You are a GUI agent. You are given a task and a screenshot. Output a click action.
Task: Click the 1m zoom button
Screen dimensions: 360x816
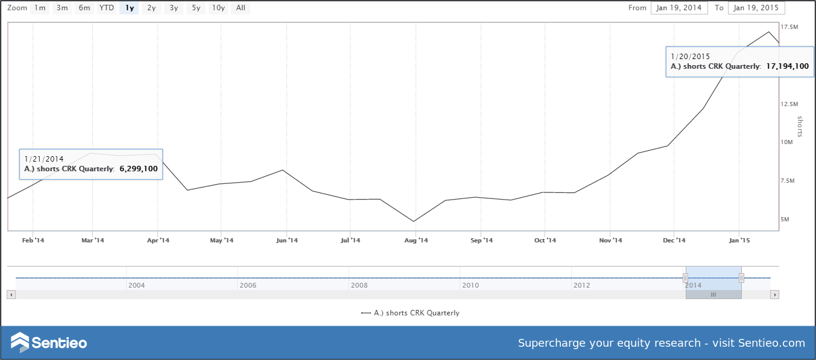click(x=39, y=8)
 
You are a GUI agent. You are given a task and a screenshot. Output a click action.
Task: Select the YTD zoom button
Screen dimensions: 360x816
click(x=106, y=8)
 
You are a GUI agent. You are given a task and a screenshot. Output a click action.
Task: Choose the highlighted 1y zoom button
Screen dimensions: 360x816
click(x=129, y=8)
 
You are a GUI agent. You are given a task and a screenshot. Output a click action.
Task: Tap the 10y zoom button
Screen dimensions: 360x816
click(x=218, y=8)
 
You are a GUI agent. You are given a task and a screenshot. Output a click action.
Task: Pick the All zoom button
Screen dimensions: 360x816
click(x=241, y=8)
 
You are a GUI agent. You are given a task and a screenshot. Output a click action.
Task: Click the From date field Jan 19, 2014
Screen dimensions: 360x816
click(x=678, y=8)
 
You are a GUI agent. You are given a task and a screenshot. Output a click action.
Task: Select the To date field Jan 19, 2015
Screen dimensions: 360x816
click(x=756, y=8)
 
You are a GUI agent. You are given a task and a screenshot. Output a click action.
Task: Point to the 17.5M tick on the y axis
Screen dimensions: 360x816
click(x=789, y=27)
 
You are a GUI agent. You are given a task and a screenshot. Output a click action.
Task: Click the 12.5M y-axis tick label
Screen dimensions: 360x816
click(x=789, y=104)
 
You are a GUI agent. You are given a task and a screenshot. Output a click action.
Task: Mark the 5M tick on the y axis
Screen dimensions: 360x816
click(x=785, y=219)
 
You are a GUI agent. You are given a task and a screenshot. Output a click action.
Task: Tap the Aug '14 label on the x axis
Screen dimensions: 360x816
click(x=416, y=241)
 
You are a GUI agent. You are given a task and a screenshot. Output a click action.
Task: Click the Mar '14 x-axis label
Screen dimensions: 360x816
click(x=92, y=241)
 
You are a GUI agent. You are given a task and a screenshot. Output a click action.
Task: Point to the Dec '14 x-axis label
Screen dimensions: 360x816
click(x=674, y=241)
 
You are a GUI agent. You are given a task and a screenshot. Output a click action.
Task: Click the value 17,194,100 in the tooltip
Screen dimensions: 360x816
click(x=787, y=66)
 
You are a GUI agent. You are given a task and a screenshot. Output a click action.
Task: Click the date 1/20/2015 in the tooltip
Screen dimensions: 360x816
click(x=690, y=57)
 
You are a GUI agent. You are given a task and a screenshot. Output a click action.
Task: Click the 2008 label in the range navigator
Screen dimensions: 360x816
click(x=359, y=285)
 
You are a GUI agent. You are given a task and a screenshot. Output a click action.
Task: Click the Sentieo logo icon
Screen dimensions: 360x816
click(x=20, y=343)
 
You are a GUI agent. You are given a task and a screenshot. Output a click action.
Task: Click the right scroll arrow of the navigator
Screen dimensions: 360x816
click(x=775, y=295)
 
